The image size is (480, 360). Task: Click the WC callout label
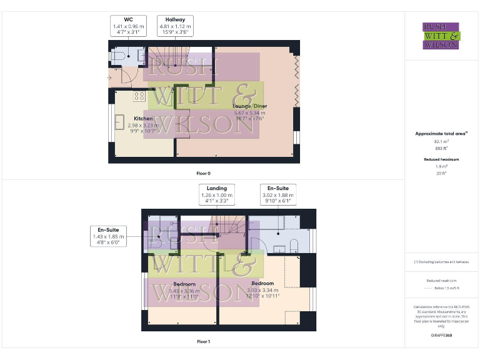pos(129,26)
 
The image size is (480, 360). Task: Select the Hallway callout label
pos(175,26)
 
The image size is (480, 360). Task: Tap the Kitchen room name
pos(142,119)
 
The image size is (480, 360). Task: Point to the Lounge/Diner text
pos(249,106)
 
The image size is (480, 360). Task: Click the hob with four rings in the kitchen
pos(139,96)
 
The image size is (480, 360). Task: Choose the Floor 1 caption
pos(203,342)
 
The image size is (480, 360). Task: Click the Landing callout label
pos(217,195)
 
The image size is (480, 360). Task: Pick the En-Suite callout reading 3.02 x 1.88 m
pos(279,195)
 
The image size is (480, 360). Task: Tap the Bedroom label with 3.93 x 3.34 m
pos(262,284)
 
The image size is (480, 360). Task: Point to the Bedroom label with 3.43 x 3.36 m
pos(185,285)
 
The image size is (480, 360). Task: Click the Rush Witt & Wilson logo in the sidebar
pos(441,36)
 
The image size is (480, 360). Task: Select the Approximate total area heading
pos(441,134)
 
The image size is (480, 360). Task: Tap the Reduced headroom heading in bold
pos(441,159)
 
